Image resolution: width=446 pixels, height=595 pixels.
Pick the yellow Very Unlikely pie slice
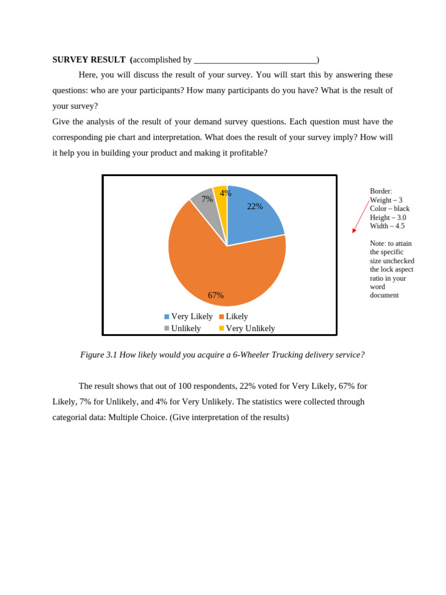coord(221,200)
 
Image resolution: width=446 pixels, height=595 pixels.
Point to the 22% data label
coord(255,206)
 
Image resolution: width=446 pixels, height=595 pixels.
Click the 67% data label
coord(215,295)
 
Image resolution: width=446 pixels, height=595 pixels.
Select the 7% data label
coord(207,199)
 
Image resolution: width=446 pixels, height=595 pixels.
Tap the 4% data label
coord(225,193)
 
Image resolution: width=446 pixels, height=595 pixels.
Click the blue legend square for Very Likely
coord(167,317)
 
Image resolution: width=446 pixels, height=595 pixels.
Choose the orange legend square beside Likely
coord(221,317)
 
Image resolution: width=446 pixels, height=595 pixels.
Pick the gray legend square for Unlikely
coord(167,328)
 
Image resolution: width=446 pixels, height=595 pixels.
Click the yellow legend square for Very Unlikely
coord(221,328)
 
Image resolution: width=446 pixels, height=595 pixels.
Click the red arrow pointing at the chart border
coord(361,217)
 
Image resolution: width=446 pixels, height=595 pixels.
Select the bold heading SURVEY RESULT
coord(89,60)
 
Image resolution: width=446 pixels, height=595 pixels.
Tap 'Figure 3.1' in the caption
coord(98,355)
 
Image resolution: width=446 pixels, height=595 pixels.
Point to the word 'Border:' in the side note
coord(381,191)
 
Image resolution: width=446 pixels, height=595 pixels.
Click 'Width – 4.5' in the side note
coord(387,226)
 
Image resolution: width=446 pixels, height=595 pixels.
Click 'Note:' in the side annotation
coord(378,243)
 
